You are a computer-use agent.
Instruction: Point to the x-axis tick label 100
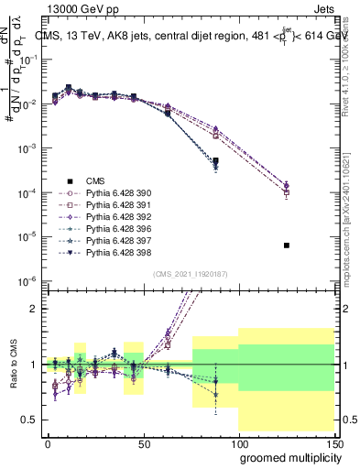(x=239, y=443)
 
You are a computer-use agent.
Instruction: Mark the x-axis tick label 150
(x=334, y=443)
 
